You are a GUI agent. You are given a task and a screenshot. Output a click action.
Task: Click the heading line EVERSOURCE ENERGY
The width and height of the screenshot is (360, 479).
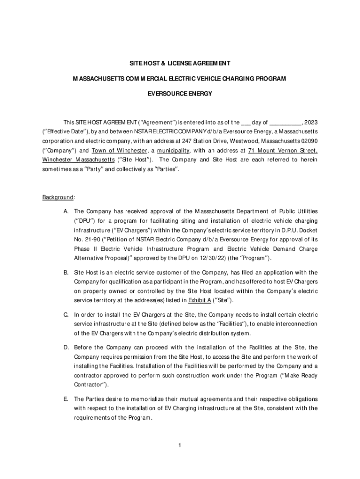[180, 94]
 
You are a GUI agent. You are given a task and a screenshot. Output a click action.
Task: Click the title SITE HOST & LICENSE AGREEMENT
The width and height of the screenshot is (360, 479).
[180, 63]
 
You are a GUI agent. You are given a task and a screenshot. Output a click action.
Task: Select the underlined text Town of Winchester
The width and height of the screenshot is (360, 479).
[119, 151]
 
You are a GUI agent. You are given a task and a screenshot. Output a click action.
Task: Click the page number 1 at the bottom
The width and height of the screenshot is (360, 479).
[180, 444]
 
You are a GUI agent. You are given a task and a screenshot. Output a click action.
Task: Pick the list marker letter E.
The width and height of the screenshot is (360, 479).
[66, 399]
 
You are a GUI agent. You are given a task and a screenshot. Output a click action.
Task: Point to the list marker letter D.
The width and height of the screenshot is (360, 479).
[66, 348]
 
